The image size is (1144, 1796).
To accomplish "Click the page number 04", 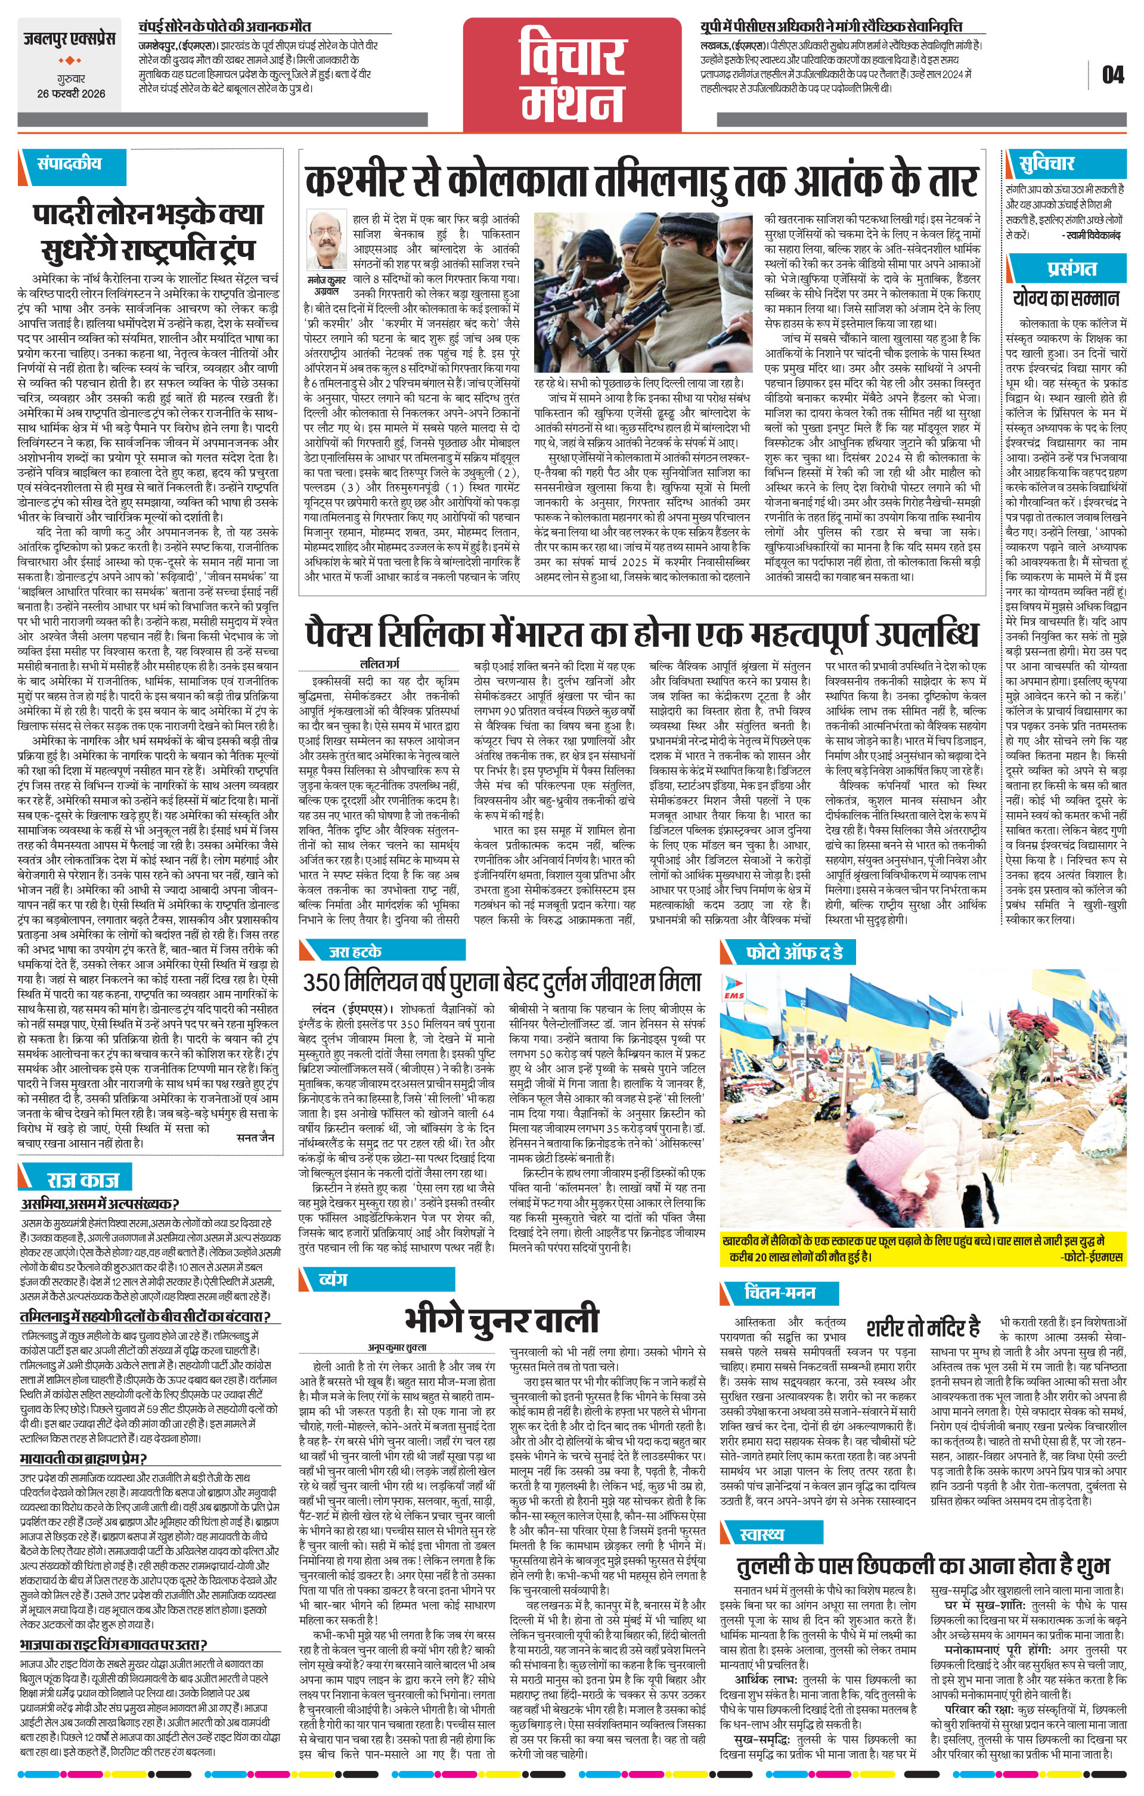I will (x=1112, y=75).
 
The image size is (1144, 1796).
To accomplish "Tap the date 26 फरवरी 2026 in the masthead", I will (x=72, y=94).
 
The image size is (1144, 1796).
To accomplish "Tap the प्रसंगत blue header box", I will (x=1069, y=268).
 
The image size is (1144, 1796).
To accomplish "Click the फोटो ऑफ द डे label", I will (x=794, y=952).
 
